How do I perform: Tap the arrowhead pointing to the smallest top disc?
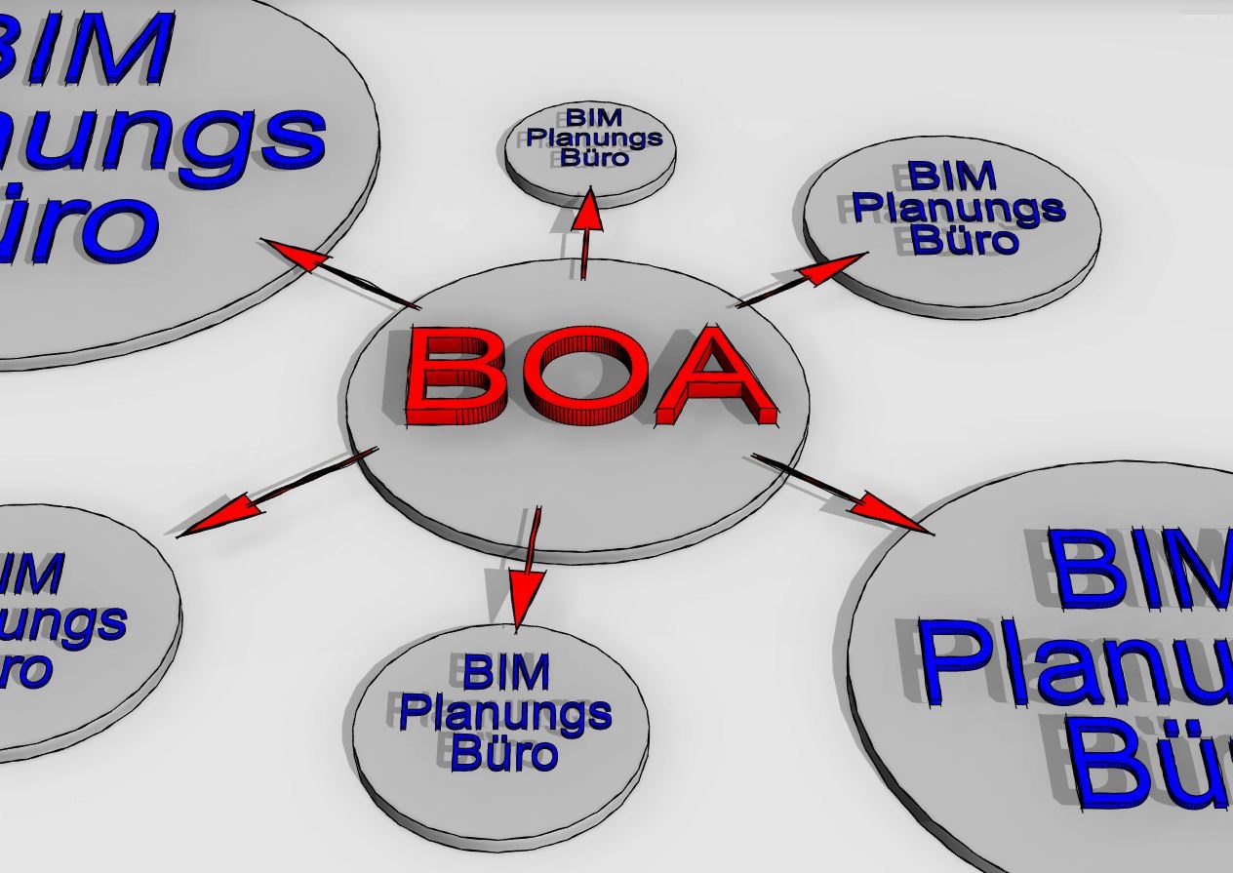tap(589, 212)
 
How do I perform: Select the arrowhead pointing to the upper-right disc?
tap(839, 264)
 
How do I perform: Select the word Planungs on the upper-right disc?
tap(959, 208)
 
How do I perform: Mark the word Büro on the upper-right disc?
tap(965, 239)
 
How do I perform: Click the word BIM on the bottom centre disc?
tap(505, 673)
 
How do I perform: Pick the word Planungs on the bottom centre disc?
tap(504, 714)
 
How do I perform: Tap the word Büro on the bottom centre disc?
tap(505, 754)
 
